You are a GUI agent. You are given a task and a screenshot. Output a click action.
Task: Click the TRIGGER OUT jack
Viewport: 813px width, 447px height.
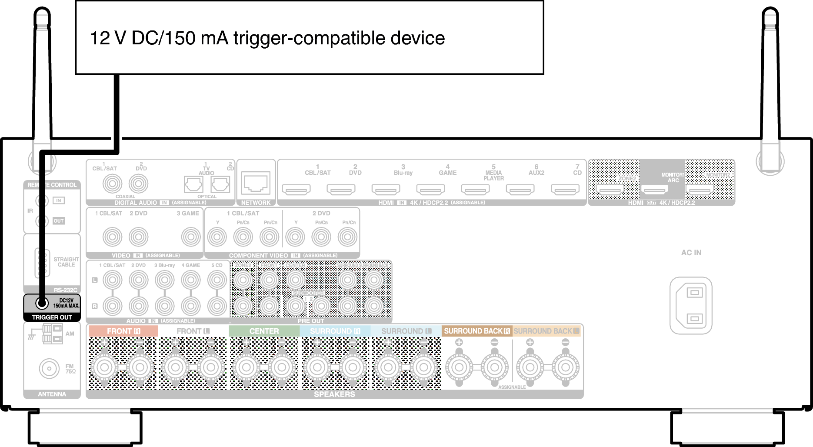(x=42, y=303)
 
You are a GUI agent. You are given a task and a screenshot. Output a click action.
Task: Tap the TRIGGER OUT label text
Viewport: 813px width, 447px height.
(x=52, y=317)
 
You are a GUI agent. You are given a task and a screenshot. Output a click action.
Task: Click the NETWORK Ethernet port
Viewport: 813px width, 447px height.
(x=256, y=183)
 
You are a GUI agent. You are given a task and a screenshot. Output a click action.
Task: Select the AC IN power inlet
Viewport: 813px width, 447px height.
(x=691, y=306)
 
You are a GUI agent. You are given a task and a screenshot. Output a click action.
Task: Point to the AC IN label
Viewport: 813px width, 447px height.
(x=691, y=253)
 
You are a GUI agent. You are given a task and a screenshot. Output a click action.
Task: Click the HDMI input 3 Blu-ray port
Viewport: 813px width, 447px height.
(x=386, y=190)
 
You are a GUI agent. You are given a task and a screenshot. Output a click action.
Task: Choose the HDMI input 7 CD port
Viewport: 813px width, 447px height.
(x=565, y=190)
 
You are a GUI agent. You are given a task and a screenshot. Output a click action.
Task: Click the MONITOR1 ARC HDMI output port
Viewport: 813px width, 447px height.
(x=655, y=190)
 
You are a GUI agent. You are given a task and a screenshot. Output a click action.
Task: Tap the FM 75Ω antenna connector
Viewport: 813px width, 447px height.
(x=49, y=369)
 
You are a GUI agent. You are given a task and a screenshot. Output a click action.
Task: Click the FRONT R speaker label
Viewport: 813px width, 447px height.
(x=123, y=331)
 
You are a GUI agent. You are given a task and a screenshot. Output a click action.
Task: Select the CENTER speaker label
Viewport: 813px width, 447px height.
(x=264, y=331)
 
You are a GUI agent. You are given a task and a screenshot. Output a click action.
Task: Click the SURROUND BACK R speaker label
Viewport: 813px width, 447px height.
(x=476, y=331)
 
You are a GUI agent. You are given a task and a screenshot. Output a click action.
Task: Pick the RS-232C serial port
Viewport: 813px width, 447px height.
(x=42, y=263)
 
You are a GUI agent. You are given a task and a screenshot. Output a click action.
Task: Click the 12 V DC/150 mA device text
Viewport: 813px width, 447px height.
(x=267, y=38)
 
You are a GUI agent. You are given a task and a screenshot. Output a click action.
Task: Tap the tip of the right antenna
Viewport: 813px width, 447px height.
(x=770, y=10)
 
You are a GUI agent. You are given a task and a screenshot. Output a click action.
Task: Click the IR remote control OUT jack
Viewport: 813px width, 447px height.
(x=42, y=221)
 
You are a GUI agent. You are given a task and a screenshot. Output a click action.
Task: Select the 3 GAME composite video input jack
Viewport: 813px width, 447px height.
(x=190, y=237)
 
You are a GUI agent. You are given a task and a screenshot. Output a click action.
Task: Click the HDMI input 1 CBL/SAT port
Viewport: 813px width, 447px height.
(x=296, y=190)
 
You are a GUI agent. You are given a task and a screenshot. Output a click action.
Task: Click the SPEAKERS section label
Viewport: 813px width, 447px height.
(x=334, y=394)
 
